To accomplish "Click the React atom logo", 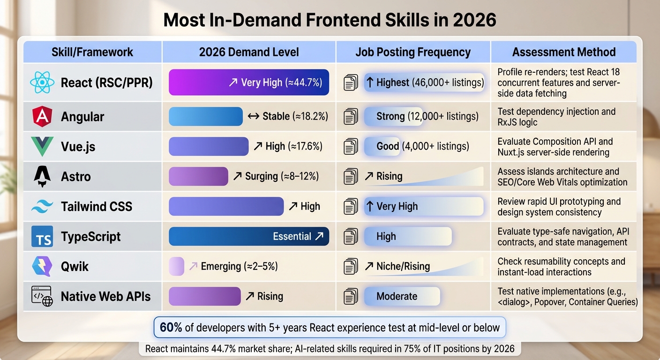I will point(42,83).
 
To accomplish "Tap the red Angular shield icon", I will point(42,117).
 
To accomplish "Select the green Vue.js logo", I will point(42,146).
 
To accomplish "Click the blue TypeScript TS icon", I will point(42,237).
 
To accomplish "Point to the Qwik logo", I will point(42,266).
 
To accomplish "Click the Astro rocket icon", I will point(42,176).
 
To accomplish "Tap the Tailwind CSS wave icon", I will point(42,207).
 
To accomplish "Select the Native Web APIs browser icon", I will point(42,296).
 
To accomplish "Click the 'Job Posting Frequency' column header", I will point(413,52).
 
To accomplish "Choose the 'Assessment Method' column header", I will point(564,52).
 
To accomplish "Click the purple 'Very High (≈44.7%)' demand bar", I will point(248,82).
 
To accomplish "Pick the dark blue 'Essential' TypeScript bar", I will point(248,236).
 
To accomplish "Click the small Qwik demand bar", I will point(176,266).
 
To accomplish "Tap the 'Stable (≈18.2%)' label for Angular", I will point(288,116).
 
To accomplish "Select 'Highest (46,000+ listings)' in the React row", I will point(424,82).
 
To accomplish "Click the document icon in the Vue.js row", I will point(351,147).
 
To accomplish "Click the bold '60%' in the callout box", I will point(171,328).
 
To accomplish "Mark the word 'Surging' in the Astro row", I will point(262,176).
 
